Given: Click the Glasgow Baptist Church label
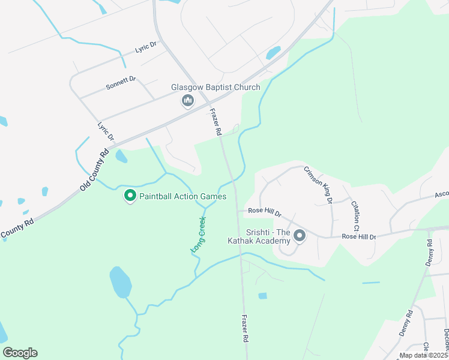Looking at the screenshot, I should click(x=215, y=87).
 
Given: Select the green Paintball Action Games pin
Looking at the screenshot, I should click(x=130, y=196).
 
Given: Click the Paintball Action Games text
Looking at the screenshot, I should click(x=182, y=196).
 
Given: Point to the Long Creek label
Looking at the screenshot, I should click(x=198, y=234).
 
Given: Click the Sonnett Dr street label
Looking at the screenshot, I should click(x=121, y=82).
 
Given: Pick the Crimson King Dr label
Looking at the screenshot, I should click(x=318, y=185).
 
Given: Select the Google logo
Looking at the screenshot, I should click(x=20, y=353).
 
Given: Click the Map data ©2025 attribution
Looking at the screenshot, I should click(x=423, y=355).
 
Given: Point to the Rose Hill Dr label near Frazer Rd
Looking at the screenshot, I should click(x=265, y=212).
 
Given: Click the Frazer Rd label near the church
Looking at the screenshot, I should click(x=216, y=121).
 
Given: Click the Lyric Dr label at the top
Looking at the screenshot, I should click(x=146, y=46).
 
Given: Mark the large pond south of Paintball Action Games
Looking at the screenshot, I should click(x=120, y=282).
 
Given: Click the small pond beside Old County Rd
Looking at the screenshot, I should click(x=121, y=157).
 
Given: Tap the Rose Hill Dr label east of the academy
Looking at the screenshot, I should click(x=358, y=237).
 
